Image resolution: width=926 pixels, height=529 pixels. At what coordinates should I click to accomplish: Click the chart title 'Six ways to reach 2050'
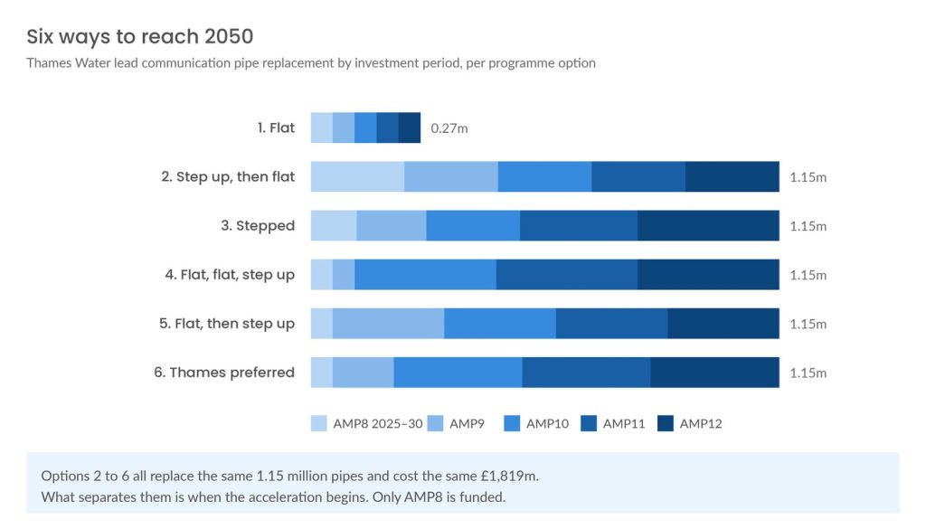[x=140, y=36]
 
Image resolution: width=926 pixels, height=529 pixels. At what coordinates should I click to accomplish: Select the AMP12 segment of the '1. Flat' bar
[x=410, y=128]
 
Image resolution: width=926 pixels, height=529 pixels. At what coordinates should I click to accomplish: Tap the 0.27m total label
[x=449, y=128]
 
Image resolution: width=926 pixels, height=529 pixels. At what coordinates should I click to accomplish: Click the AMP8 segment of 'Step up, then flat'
[x=358, y=176]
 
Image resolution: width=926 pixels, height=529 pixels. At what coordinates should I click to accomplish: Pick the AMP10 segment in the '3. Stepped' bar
[x=473, y=225]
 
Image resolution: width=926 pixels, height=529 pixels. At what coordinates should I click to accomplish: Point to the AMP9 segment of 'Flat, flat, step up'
[x=344, y=275]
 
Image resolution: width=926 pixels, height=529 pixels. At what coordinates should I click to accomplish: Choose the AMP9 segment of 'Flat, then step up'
[x=389, y=324]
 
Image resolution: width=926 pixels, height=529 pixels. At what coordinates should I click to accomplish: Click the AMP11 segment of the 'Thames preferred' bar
[x=586, y=373]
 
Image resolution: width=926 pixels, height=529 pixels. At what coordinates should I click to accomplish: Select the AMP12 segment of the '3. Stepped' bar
[x=709, y=225]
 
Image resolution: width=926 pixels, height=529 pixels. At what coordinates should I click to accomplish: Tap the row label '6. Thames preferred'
[x=224, y=373]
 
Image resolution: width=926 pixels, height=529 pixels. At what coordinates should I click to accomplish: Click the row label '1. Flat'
[x=276, y=128]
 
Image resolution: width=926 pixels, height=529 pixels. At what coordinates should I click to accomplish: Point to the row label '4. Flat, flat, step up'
[x=230, y=275]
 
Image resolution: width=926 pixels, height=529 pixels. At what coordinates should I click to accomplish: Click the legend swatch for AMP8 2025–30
[x=319, y=423]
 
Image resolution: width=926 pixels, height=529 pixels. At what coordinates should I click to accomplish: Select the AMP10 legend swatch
[x=512, y=423]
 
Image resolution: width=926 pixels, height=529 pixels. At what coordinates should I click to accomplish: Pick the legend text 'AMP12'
[x=701, y=424]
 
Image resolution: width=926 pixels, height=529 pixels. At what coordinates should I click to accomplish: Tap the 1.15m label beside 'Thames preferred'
[x=808, y=373]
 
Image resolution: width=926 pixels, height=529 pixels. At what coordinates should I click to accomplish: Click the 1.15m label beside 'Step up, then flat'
[x=808, y=177]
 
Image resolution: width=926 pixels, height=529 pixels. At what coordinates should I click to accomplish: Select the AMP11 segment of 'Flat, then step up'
[x=612, y=324]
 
